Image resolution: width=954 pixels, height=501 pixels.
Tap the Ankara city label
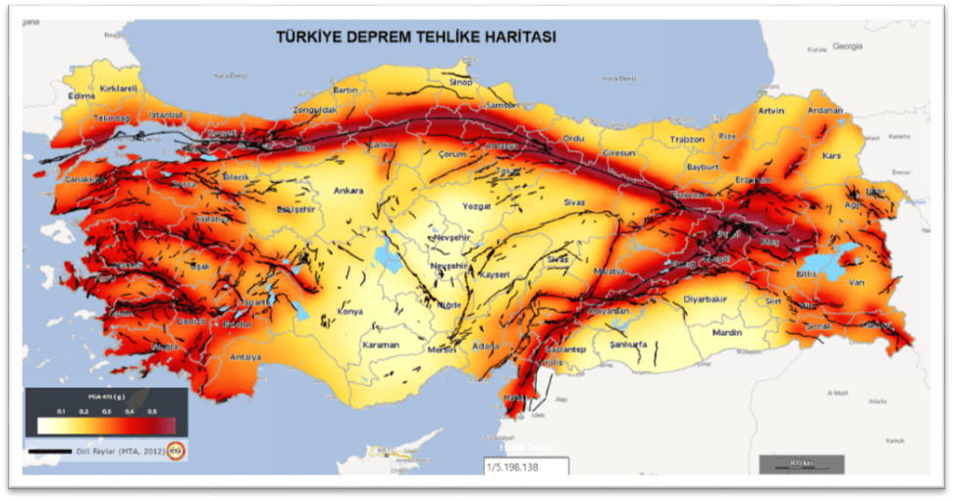(x=348, y=191)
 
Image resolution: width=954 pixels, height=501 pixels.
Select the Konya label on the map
(x=349, y=311)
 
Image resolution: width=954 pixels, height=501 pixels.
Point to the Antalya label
(x=244, y=358)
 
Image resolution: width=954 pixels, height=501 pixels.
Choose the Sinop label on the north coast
(x=460, y=83)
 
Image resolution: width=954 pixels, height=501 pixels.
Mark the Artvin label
(x=771, y=111)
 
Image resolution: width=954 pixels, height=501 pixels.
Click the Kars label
(x=832, y=156)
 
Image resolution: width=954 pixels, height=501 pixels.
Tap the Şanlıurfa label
(x=628, y=345)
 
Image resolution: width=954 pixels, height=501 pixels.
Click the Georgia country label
(x=846, y=46)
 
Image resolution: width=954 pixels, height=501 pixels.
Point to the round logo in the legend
(x=176, y=451)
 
